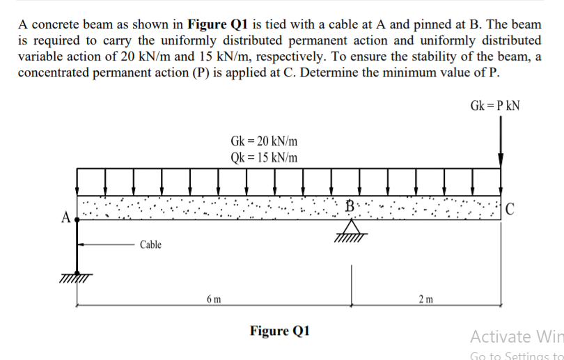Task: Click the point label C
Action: tap(510, 208)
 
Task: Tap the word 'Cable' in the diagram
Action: tap(150, 244)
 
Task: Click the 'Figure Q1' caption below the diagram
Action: tap(280, 329)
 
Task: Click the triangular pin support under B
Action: tap(352, 229)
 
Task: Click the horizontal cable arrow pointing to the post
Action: tap(104, 244)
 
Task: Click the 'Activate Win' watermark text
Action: tap(516, 336)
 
